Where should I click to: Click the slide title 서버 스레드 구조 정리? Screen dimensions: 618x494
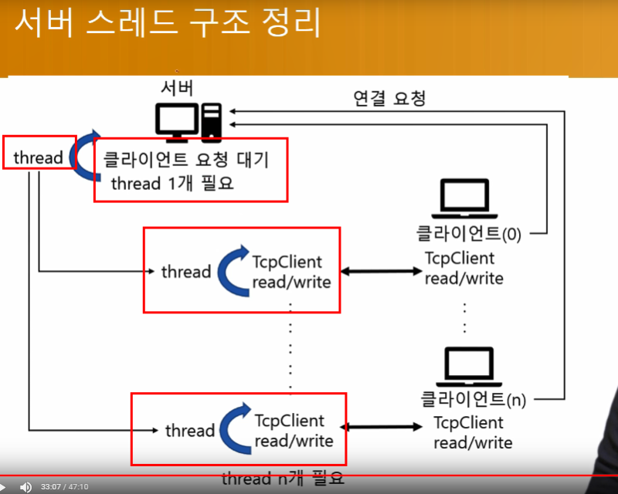point(168,22)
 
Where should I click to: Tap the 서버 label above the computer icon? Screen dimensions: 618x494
point(177,88)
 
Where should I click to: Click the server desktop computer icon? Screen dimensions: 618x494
point(188,123)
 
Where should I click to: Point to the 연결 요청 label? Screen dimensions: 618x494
point(389,98)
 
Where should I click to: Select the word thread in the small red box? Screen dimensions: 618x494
point(38,157)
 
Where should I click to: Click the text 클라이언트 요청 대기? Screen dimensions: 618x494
point(185,160)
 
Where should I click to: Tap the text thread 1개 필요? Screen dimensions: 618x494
point(172,183)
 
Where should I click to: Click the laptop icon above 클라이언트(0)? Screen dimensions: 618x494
point(465,198)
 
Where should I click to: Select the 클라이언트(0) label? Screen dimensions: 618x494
point(469,233)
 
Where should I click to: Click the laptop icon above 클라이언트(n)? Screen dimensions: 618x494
point(469,367)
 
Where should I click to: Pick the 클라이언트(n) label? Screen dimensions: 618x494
point(474,399)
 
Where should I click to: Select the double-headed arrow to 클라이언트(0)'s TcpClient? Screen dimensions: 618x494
point(381,271)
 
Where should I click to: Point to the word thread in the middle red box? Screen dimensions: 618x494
point(186,272)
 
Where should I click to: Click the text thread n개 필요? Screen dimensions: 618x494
point(283,479)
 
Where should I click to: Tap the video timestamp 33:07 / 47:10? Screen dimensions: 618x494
point(65,487)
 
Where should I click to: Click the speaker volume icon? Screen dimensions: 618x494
point(25,487)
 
